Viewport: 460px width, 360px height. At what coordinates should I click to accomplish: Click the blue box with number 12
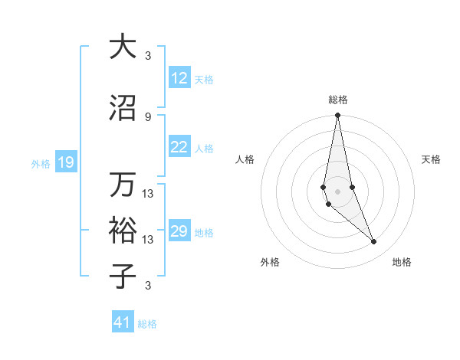179,78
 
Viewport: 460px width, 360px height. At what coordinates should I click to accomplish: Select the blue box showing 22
179,147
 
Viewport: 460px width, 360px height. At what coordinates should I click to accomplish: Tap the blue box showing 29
179,231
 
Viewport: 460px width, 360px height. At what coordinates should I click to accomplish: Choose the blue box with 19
65,162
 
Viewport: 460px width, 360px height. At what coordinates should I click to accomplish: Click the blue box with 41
123,323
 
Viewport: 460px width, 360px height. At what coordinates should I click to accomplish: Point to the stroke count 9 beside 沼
148,116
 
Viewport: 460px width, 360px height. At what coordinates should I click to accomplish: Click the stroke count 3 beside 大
148,55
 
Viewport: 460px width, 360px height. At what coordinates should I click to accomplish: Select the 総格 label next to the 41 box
147,324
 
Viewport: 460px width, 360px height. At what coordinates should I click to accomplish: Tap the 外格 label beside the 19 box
41,163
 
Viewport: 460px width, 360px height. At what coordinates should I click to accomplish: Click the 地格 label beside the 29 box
204,232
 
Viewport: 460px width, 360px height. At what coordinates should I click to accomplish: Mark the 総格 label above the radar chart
338,100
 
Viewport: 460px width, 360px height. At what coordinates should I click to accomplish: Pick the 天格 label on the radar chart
432,159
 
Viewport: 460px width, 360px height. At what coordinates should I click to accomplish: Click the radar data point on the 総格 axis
337,116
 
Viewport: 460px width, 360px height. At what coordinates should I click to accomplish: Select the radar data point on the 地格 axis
374,242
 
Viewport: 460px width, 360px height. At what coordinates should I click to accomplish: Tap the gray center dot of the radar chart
337,190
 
